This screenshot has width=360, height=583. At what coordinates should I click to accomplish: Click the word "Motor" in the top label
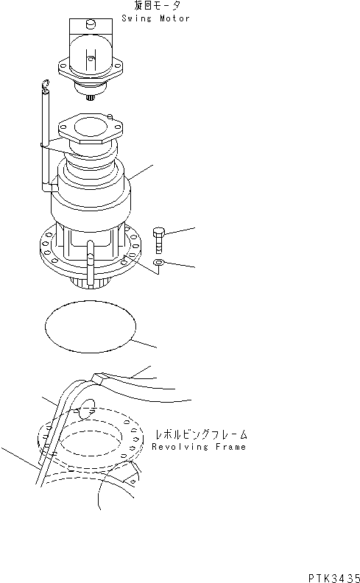point(174,18)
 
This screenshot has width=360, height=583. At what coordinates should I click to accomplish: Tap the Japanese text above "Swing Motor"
point(157,7)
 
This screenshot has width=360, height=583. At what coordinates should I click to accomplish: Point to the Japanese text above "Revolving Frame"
point(200,434)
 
